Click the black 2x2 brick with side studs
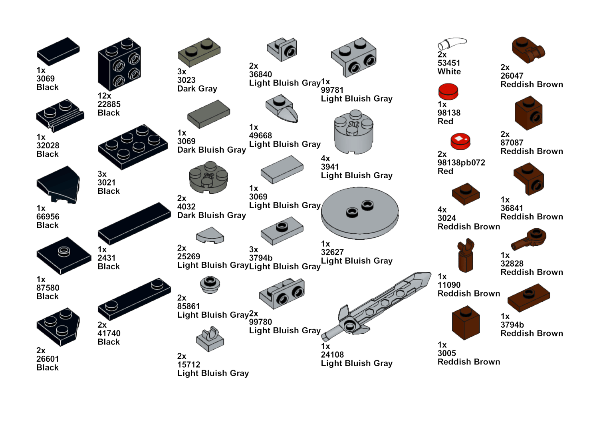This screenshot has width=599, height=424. point(119,64)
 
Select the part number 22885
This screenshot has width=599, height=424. point(109,104)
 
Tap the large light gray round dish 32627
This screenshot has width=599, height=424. point(360,213)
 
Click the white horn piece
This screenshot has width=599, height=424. point(452,44)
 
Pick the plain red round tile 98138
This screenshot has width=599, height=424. point(448,91)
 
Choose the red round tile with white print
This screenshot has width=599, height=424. point(460,141)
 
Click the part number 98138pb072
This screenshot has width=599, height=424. point(461,163)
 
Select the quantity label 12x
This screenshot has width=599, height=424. point(104,96)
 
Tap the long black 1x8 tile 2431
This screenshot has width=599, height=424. point(134,223)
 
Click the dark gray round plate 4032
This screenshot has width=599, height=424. point(208,177)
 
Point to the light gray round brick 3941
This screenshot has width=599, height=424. point(353,132)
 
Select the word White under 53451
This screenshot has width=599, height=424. point(449,72)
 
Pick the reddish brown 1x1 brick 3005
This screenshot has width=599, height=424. point(466,322)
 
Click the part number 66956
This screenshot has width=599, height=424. point(48,217)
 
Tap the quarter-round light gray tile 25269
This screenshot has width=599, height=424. point(210,235)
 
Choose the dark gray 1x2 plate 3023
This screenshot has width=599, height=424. point(199,52)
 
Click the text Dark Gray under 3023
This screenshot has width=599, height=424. point(197,89)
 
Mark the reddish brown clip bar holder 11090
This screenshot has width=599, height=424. point(466,255)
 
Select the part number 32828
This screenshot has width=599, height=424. point(512,264)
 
